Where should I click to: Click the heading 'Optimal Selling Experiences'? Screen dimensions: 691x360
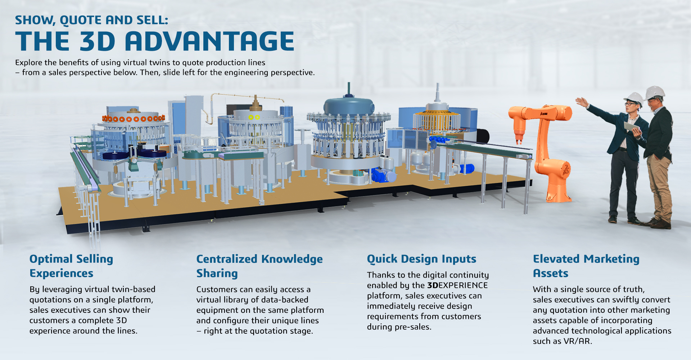click(71, 266)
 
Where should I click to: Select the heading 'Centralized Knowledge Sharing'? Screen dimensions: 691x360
click(259, 266)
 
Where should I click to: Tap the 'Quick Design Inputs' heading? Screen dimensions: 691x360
click(421, 259)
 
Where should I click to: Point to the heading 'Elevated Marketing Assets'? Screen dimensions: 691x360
click(586, 266)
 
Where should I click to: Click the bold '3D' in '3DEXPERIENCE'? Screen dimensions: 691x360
click(433, 285)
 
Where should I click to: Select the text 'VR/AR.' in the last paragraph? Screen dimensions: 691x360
click(578, 341)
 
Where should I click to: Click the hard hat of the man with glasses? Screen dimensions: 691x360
click(634, 98)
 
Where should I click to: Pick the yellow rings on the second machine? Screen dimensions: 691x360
click(254, 117)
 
